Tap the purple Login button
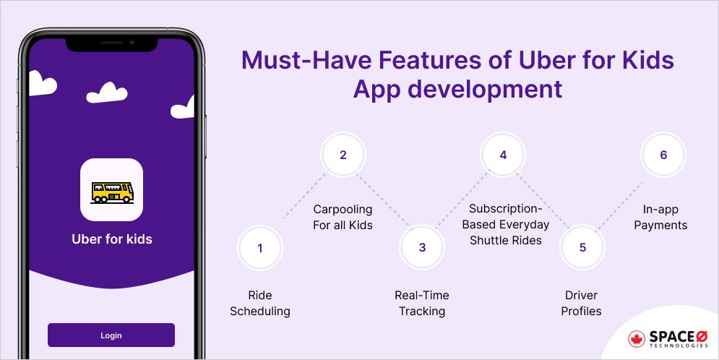[111, 335]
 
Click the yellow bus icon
[111, 191]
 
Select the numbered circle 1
[260, 248]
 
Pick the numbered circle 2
[343, 155]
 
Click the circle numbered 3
[422, 248]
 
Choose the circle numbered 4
[503, 155]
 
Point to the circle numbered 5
[582, 248]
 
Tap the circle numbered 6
[663, 155]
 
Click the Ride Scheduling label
[260, 304]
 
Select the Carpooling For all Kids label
[343, 217]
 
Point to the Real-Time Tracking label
[422, 304]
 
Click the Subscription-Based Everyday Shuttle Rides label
[505, 224]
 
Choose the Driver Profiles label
[582, 304]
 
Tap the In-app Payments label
[660, 217]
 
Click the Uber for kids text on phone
[112, 239]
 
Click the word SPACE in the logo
[668, 335]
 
